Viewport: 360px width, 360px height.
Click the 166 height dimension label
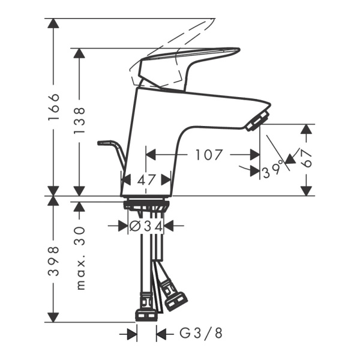pos(54,106)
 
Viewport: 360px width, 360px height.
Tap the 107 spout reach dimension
pos(209,155)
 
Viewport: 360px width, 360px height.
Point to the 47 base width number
pos(146,179)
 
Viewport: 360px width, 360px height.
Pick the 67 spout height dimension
pos(307,159)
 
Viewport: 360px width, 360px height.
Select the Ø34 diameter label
pos(147,226)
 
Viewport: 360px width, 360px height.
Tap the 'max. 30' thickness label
pos(79,258)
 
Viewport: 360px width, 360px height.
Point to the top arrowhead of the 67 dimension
pos(307,130)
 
